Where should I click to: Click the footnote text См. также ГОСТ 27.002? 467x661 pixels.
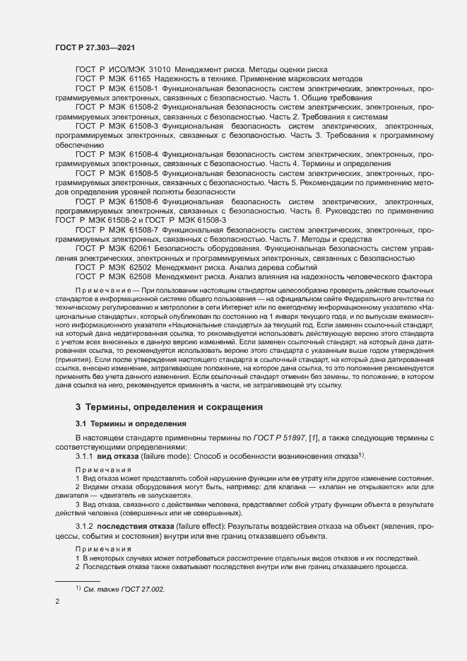124,588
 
